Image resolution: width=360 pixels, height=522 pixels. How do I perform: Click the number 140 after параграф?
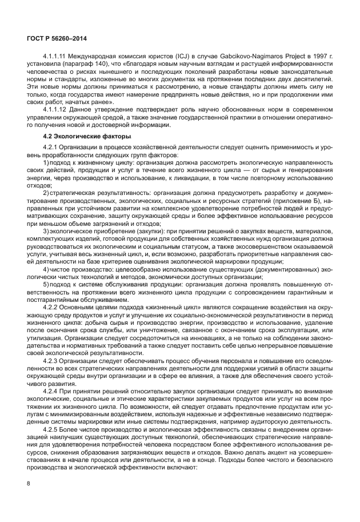point(88,64)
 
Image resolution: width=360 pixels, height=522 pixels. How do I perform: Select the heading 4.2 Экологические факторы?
point(87,137)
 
